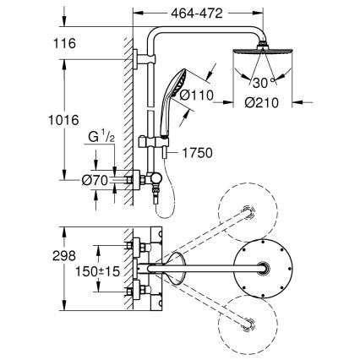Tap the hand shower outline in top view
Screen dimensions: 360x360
tap(176, 268)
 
